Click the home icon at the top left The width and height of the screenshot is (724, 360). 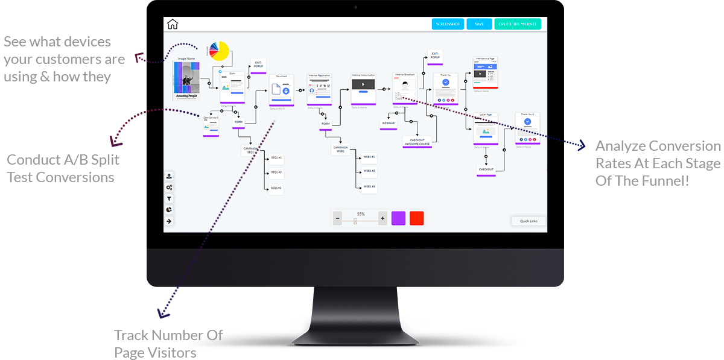click(x=173, y=24)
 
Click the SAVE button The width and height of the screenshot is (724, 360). click(x=479, y=24)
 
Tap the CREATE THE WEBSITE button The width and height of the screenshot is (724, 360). click(x=518, y=24)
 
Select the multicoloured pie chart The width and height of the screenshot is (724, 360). click(x=219, y=52)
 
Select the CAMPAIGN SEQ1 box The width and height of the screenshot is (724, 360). click(x=250, y=150)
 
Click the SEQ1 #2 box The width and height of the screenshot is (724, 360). click(x=276, y=172)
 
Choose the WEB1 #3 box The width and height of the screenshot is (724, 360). click(x=369, y=187)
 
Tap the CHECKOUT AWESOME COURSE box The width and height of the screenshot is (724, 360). click(x=418, y=142)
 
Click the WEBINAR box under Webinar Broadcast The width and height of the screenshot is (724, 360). click(x=388, y=123)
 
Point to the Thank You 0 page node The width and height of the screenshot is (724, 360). click(x=527, y=127)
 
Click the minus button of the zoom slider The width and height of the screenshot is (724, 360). click(x=338, y=218)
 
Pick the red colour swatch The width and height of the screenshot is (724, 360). click(x=416, y=218)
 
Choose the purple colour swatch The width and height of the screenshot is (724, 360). click(x=398, y=218)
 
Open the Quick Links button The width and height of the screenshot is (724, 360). click(x=529, y=221)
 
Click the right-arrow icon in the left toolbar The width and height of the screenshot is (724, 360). click(x=170, y=221)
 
